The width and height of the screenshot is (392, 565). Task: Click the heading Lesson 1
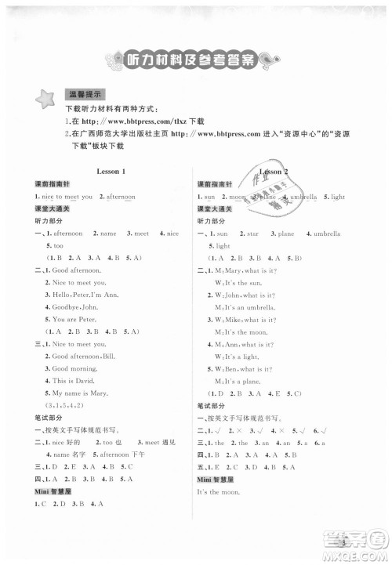pos(111,171)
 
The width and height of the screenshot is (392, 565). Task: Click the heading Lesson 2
pos(273,171)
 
